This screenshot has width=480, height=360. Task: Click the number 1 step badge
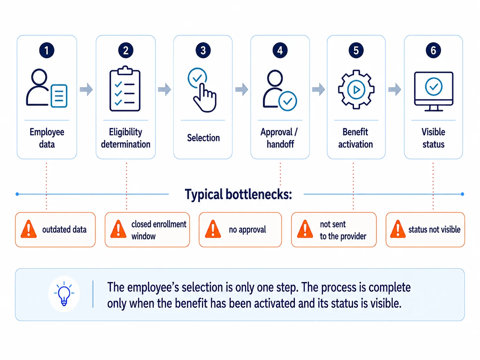click(x=47, y=50)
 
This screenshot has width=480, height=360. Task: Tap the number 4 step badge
click(x=280, y=50)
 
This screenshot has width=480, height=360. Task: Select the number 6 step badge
click(x=433, y=50)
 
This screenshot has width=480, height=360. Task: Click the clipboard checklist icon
click(x=125, y=89)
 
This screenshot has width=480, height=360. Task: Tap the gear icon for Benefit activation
click(x=356, y=90)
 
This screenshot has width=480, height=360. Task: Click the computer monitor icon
click(x=434, y=91)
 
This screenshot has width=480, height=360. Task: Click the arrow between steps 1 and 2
click(x=86, y=89)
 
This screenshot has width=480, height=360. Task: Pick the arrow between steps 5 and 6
click(x=394, y=89)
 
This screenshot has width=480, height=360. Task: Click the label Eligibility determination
click(x=126, y=138)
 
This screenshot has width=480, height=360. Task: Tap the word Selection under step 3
click(x=204, y=138)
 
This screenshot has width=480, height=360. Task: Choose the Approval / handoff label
click(x=279, y=138)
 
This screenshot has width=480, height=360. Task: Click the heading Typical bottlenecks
click(x=238, y=194)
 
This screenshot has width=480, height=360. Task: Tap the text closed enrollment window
click(x=159, y=230)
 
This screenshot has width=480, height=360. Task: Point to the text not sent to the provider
click(x=343, y=230)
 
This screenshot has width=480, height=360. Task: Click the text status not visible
click(x=434, y=229)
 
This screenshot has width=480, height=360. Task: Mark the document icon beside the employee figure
click(x=59, y=96)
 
